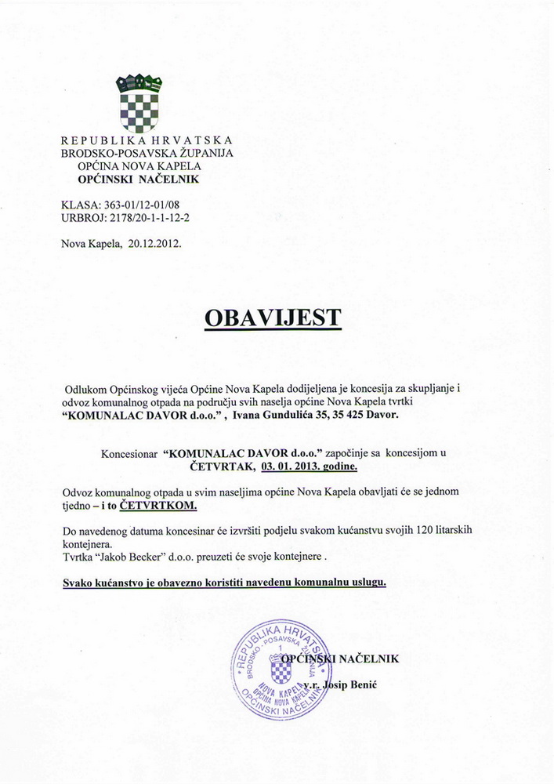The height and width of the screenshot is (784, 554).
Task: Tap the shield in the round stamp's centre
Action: (281, 668)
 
